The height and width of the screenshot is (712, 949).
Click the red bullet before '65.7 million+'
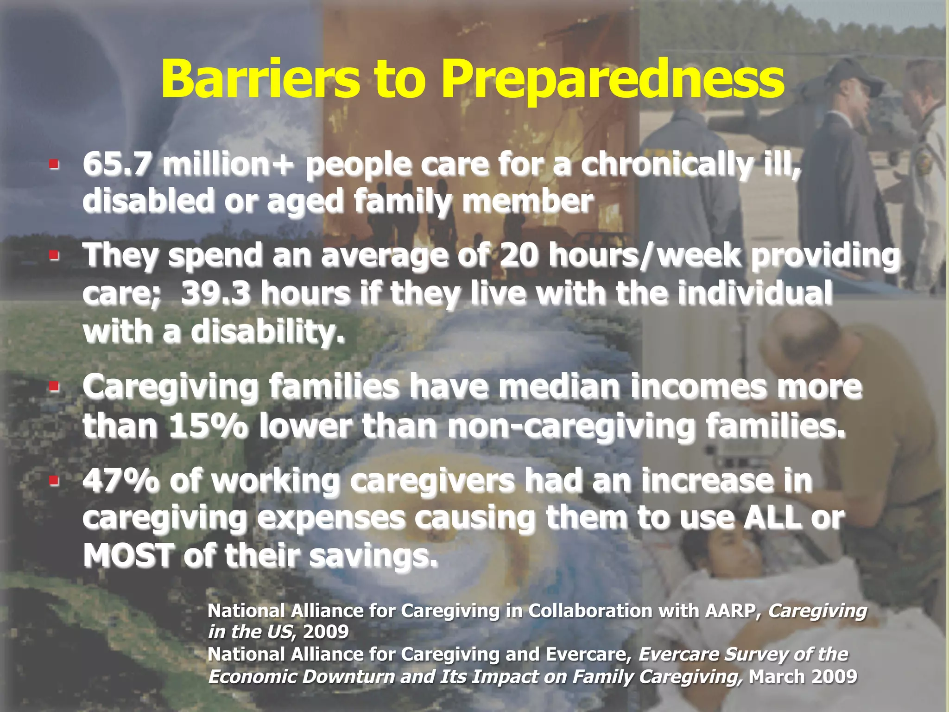point(54,164)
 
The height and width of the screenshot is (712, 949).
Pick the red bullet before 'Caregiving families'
point(54,386)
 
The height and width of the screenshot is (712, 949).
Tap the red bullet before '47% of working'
point(54,480)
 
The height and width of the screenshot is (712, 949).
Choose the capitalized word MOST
point(129,555)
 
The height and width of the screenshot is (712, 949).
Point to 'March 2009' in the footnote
point(803,677)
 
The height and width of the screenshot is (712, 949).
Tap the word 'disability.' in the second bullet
point(268,332)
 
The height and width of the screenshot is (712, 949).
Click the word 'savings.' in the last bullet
point(373,555)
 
